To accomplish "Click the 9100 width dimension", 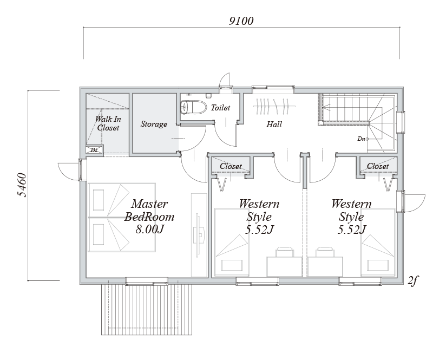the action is pos(241,21).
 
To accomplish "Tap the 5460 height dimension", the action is pos(22,185).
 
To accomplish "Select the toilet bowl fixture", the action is pos(193,107).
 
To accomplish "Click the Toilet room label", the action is pos(220,108).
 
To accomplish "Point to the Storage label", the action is pos(154,124).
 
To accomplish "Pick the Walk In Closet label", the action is pos(108,123).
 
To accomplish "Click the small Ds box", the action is pos(94,150).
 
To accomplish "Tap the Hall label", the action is pos(274,125).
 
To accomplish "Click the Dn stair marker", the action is pos(362,139).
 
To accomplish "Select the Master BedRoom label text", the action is pos(149,210).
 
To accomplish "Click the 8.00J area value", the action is pos(149,229).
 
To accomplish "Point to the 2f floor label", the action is pos(412,281).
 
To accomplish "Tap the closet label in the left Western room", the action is pos(231,166).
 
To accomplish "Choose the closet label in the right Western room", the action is pos(377,166).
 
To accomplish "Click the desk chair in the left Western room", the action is pos(285,252).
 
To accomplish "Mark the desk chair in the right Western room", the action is pos(325,252).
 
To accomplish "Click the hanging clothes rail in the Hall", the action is pos(274,106).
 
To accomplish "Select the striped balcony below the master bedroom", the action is pos(147,310).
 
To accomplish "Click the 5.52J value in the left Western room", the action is pos(259,230).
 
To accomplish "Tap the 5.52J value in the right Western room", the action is pos(352,230).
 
